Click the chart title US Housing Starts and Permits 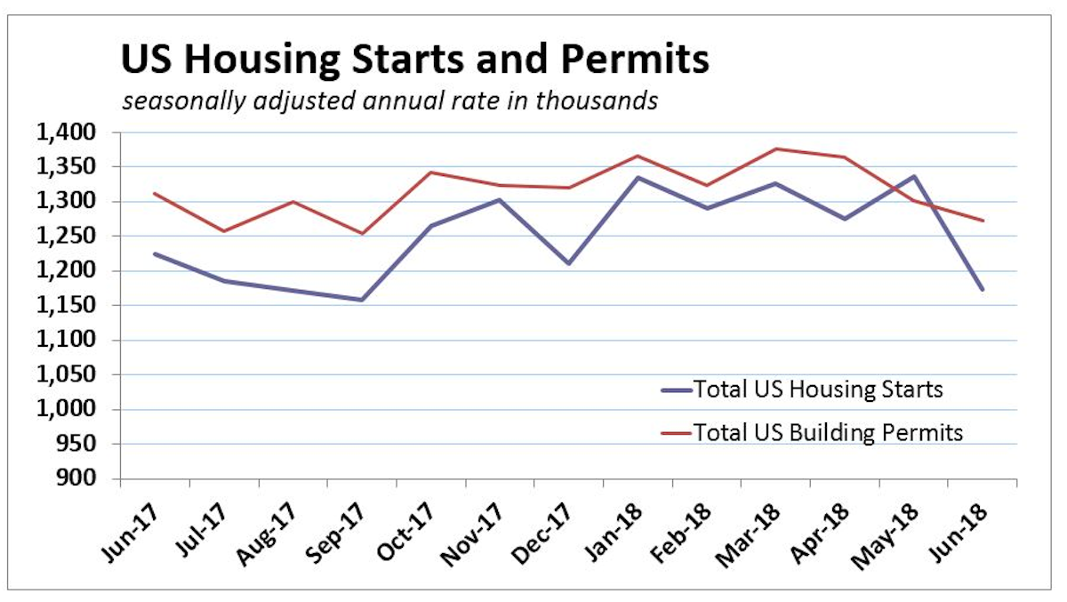pyautogui.click(x=414, y=60)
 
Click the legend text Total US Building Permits pyautogui.click(x=828, y=433)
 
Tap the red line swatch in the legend pyautogui.click(x=675, y=433)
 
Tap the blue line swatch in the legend pyautogui.click(x=675, y=389)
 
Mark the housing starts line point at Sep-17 pyautogui.click(x=362, y=300)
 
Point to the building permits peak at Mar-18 pyautogui.click(x=775, y=148)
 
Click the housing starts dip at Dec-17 pyautogui.click(x=569, y=264)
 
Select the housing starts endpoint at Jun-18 pyautogui.click(x=983, y=290)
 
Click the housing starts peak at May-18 pyautogui.click(x=913, y=176)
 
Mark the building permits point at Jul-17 pyautogui.click(x=223, y=231)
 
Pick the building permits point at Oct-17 pyautogui.click(x=430, y=173)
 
